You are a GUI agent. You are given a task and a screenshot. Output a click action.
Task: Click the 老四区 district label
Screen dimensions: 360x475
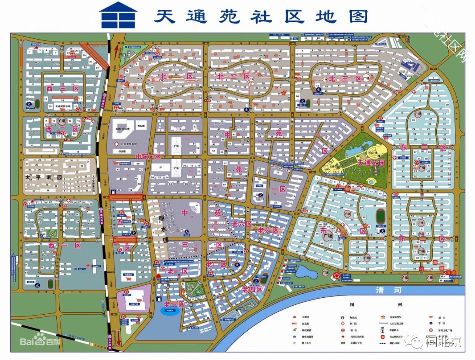tap(252, 289)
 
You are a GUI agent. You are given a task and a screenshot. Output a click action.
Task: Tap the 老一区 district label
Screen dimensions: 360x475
tap(177, 271)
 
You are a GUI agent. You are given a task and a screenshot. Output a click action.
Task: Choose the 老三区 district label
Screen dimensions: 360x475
tap(173, 304)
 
